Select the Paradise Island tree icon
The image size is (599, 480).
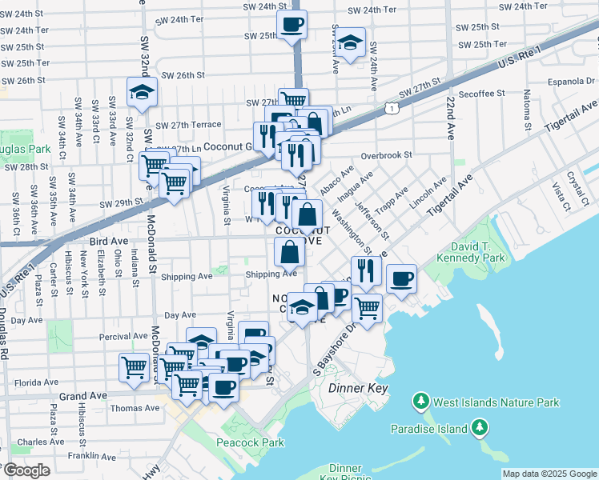coord(480,429)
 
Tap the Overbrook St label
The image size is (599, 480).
coord(386,154)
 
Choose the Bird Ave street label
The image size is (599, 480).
coord(109,240)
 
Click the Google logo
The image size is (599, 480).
coord(26,470)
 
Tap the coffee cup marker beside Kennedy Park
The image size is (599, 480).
coord(401,279)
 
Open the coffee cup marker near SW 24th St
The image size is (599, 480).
coord(291,24)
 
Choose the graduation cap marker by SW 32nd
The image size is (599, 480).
coord(142,92)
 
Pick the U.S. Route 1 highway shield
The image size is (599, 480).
coord(390,106)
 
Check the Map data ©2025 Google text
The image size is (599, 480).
coord(549,474)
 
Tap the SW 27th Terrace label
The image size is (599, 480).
coord(188,126)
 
